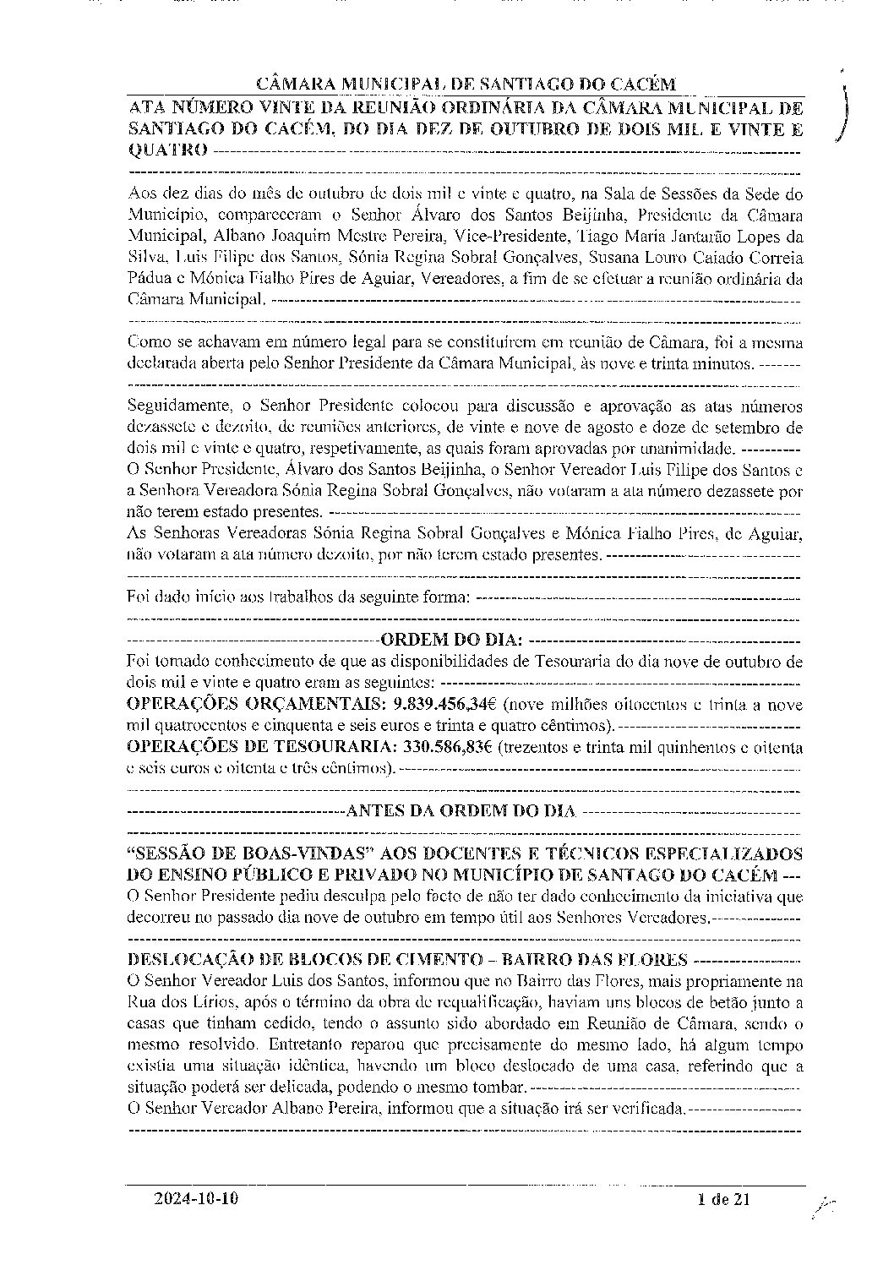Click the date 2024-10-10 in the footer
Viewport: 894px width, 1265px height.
203,1197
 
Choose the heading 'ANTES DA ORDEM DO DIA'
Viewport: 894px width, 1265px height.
461,811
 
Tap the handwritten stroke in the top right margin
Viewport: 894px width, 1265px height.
843,110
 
